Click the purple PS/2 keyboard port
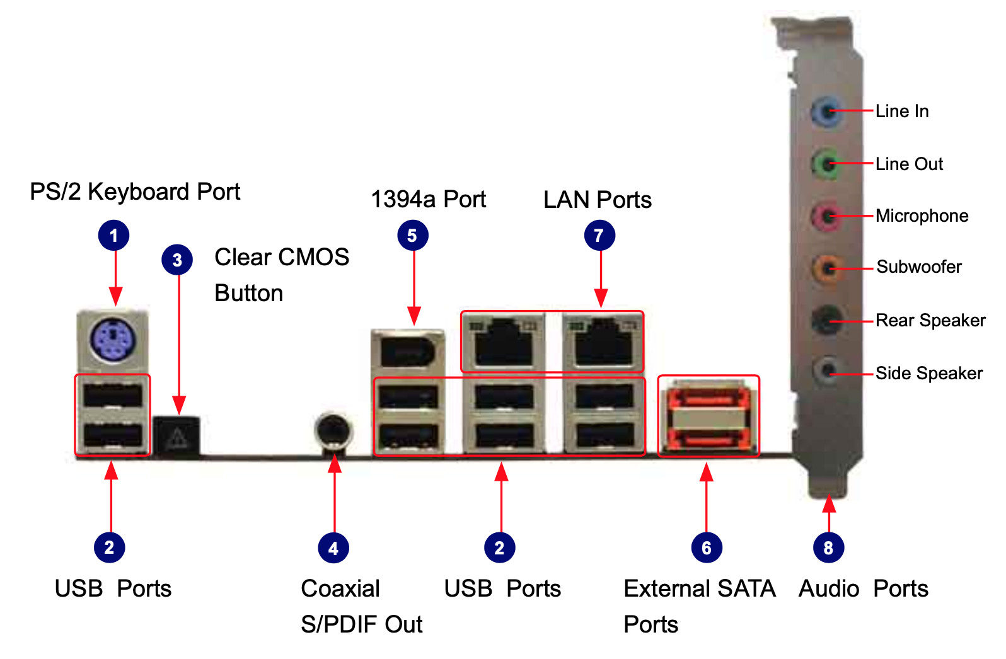point(112,340)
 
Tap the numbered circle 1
point(113,236)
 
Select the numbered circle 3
point(177,260)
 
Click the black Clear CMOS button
point(177,435)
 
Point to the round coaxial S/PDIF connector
point(333,431)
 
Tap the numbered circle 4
point(333,548)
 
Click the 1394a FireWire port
point(408,349)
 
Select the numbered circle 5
point(412,236)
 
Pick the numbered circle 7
point(599,236)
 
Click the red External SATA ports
point(708,416)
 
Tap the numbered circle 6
point(707,548)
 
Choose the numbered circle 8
point(828,548)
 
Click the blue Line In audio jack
point(826,112)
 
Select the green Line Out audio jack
point(826,164)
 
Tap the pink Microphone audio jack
point(826,216)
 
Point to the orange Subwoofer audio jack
point(826,268)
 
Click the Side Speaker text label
point(929,374)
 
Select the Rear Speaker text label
point(930,321)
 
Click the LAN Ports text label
point(598,200)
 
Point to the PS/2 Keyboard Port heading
point(135,192)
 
